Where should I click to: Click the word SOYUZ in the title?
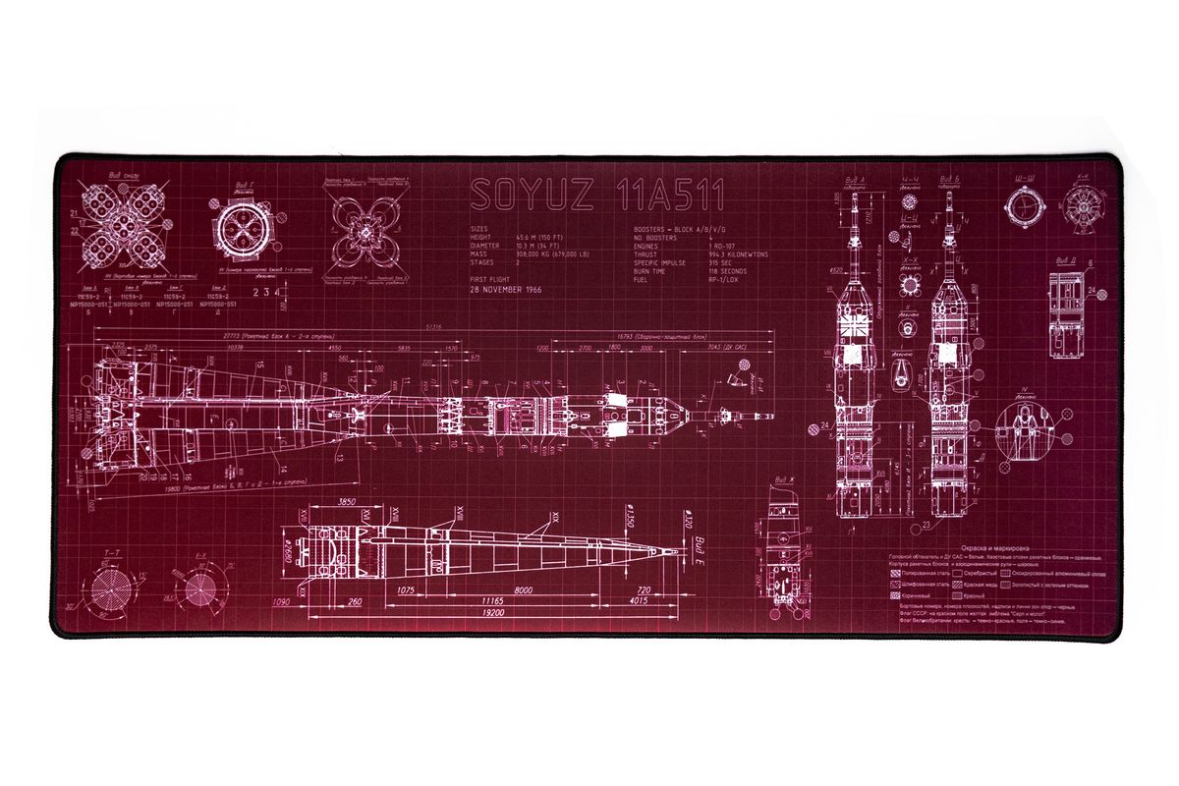pos(531,196)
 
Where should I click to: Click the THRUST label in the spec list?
pos(650,254)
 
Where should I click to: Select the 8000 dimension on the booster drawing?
pos(524,589)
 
